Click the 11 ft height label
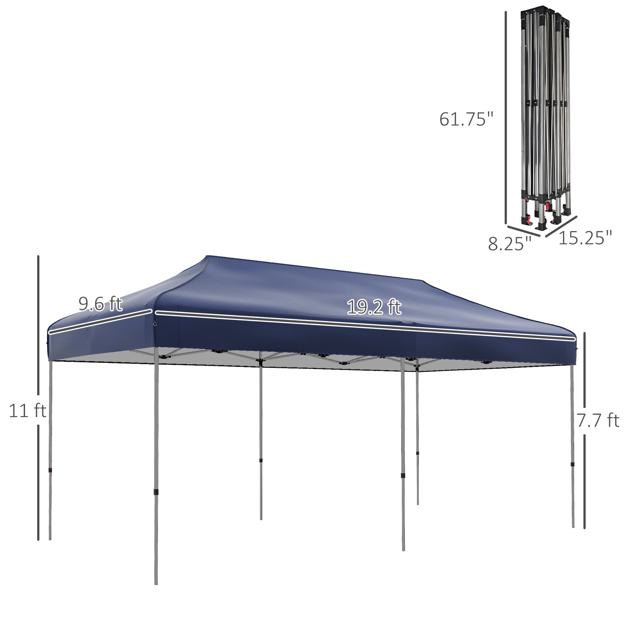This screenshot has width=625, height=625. [x=28, y=411]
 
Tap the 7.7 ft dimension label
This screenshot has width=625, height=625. [x=597, y=420]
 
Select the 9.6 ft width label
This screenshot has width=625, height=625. [x=100, y=304]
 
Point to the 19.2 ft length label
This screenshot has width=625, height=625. [x=374, y=307]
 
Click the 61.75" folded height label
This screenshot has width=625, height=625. [x=466, y=119]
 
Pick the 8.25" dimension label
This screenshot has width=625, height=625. [x=509, y=243]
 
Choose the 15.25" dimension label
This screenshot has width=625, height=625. [x=585, y=238]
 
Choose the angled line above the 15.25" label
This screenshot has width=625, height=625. [x=562, y=226]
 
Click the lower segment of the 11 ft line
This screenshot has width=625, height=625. [x=38, y=482]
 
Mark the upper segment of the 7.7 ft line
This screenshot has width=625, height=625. [x=585, y=369]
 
